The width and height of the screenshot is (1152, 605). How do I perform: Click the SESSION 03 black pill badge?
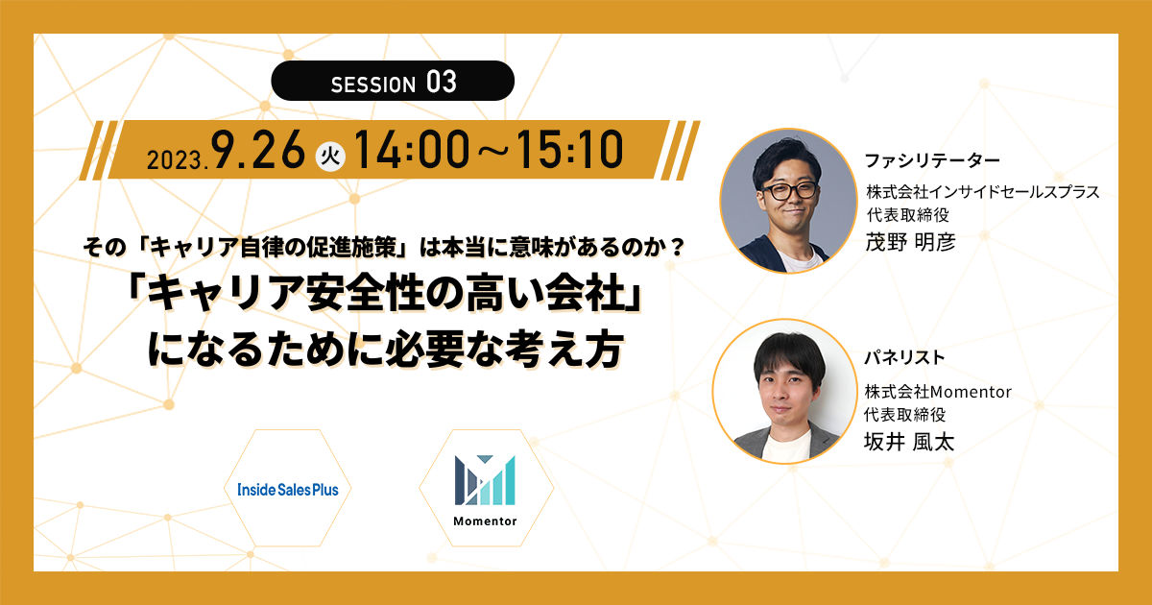(x=393, y=81)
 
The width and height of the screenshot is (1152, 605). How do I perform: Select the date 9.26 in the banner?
(x=258, y=149)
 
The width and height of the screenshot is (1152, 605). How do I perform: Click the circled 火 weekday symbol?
(x=329, y=156)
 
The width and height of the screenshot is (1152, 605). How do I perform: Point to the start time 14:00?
(x=412, y=149)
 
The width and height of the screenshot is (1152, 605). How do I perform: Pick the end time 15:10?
(x=569, y=149)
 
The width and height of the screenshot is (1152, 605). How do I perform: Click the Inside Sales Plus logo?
(x=288, y=489)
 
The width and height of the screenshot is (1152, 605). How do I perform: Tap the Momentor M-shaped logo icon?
(x=485, y=480)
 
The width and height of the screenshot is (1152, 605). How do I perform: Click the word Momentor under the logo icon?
(x=485, y=521)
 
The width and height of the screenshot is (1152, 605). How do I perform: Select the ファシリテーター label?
(x=932, y=161)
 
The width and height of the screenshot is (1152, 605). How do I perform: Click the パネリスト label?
(x=904, y=357)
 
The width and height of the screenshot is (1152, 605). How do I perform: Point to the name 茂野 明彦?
(x=910, y=242)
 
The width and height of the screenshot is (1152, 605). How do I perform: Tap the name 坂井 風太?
(x=909, y=442)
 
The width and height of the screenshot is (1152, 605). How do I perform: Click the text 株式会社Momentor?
(x=938, y=392)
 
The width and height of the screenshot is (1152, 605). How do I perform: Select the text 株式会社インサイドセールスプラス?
(x=982, y=192)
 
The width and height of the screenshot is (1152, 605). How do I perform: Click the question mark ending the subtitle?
(x=677, y=248)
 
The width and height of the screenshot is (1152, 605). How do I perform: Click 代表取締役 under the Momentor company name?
(x=904, y=415)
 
